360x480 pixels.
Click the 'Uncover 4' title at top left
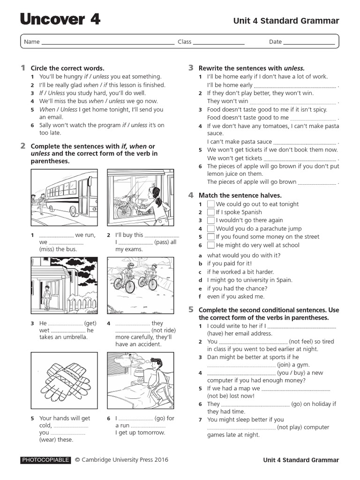point(60,20)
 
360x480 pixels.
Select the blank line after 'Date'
point(309,42)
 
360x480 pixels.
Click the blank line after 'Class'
point(219,42)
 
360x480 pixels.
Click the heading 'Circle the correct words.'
point(67,68)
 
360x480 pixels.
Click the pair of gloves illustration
point(64,381)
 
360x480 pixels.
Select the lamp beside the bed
point(139,374)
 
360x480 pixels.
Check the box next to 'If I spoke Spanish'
point(211,212)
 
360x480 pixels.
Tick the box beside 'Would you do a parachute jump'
point(211,229)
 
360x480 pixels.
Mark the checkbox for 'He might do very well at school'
point(211,245)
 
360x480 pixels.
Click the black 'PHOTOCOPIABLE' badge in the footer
point(45,460)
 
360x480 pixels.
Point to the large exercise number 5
point(191,309)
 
